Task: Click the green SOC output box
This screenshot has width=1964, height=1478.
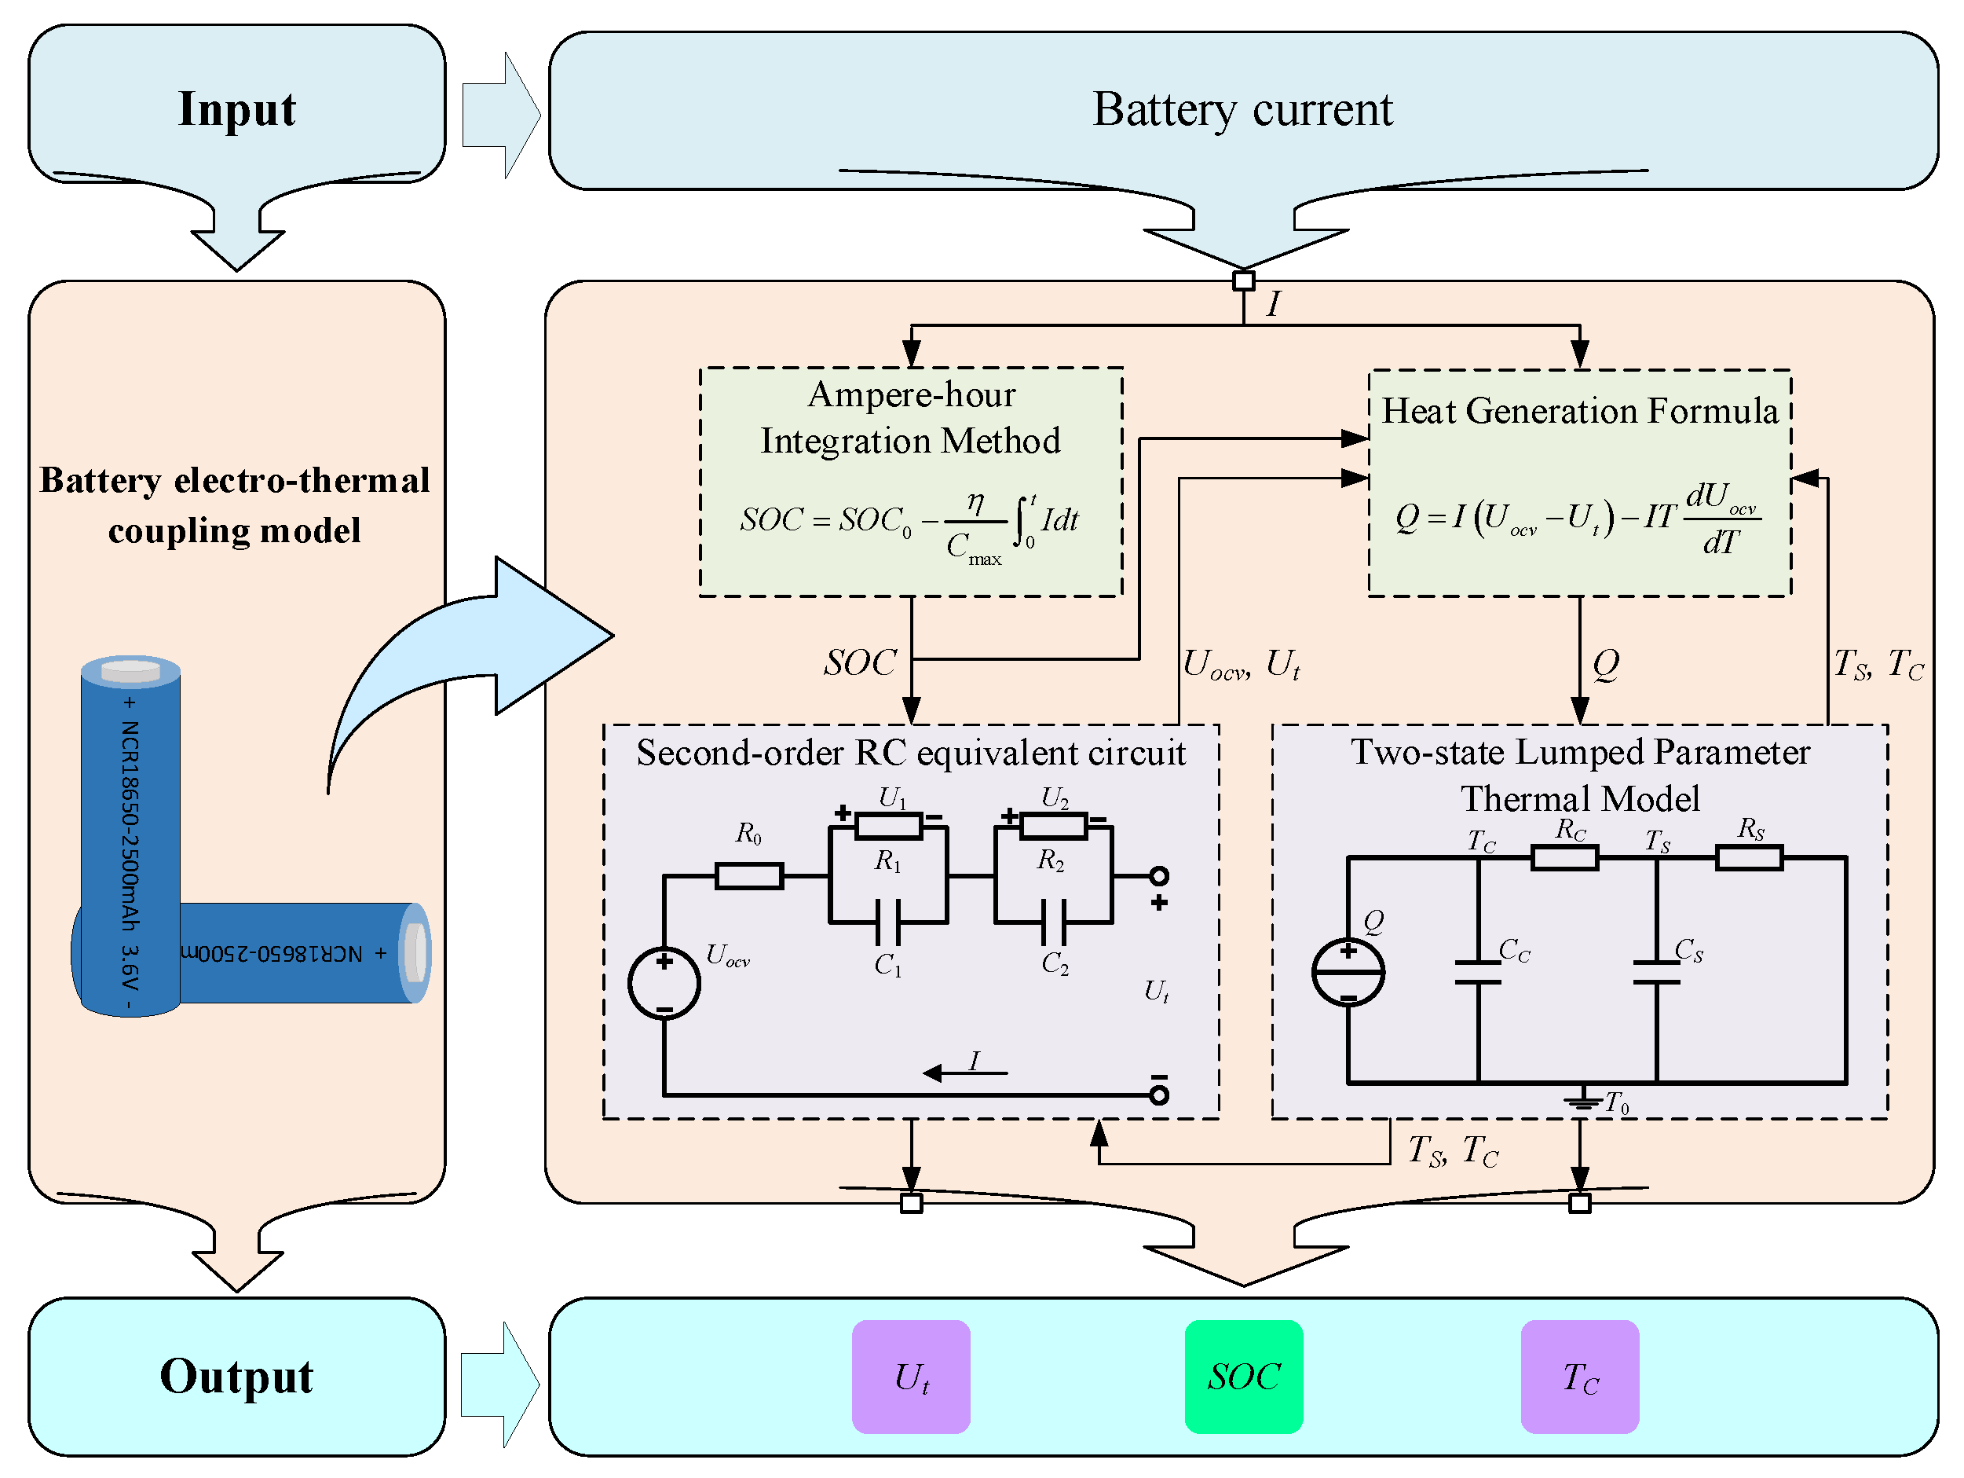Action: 1243,1376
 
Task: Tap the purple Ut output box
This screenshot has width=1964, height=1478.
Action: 911,1376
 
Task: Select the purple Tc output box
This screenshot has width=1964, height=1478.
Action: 1579,1376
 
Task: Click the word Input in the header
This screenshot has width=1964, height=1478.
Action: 236,108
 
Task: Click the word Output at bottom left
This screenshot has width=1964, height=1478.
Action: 236,1376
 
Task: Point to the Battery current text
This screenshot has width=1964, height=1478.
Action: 1242,109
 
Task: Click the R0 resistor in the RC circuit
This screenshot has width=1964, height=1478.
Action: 748,876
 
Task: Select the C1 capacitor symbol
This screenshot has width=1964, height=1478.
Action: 887,922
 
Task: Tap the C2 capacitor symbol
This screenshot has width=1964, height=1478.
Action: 1053,922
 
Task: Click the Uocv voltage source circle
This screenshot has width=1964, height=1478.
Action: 664,984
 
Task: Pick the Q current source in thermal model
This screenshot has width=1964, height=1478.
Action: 1348,973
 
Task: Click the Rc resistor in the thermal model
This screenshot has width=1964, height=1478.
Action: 1564,857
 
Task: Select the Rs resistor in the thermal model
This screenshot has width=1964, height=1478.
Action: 1748,857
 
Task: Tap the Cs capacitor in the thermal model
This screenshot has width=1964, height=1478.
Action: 1656,973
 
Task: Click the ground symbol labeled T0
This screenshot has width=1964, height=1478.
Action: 1581,1102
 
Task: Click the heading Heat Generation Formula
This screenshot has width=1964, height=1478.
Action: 1579,411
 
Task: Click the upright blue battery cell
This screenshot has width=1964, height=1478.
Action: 130,835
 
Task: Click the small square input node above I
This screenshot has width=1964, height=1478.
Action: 1243,281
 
